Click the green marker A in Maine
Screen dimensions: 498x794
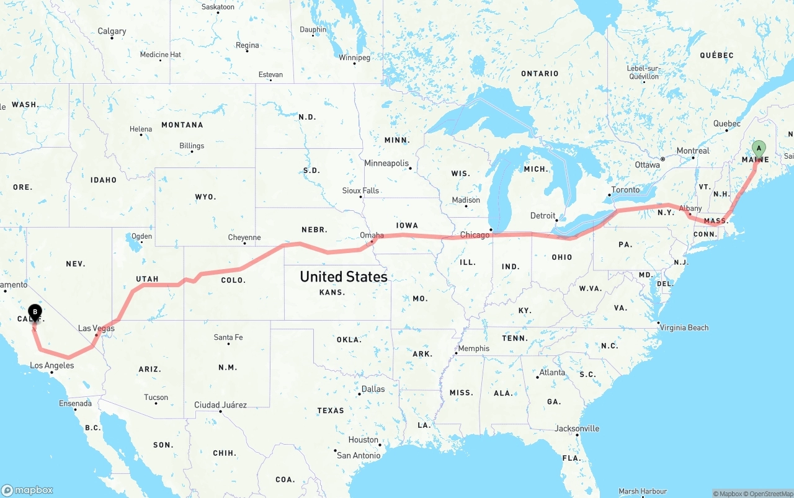pyautogui.click(x=759, y=148)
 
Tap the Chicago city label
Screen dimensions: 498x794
pyautogui.click(x=475, y=235)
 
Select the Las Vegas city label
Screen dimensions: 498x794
pyautogui.click(x=96, y=328)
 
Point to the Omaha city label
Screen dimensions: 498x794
pyautogui.click(x=372, y=235)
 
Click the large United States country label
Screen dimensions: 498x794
pyautogui.click(x=344, y=277)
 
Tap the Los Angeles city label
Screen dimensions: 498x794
pyautogui.click(x=52, y=365)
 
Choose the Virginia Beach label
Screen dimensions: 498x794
pyautogui.click(x=684, y=327)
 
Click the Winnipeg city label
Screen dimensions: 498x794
pyautogui.click(x=354, y=58)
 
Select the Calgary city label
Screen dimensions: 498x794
pyautogui.click(x=112, y=31)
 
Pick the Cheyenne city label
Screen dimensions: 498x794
pyautogui.click(x=244, y=238)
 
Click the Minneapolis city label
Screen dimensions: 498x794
pyautogui.click(x=386, y=163)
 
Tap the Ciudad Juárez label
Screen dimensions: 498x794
pyautogui.click(x=220, y=405)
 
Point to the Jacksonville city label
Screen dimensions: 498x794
pyautogui.click(x=577, y=429)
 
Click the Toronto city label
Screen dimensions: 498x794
pyautogui.click(x=625, y=190)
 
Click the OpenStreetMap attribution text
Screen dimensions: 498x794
pyautogui.click(x=770, y=494)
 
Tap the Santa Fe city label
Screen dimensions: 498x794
pyautogui.click(x=228, y=337)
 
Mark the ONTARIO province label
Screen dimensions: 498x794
pyautogui.click(x=540, y=73)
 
